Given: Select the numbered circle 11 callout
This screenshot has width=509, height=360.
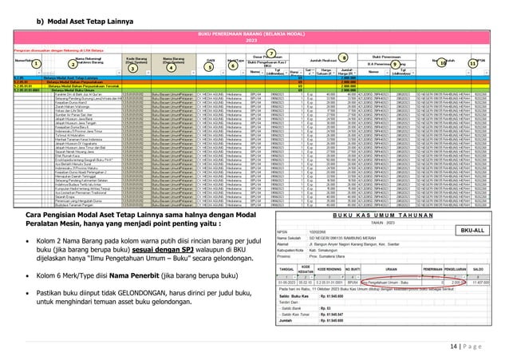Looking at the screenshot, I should coord(472,63).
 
